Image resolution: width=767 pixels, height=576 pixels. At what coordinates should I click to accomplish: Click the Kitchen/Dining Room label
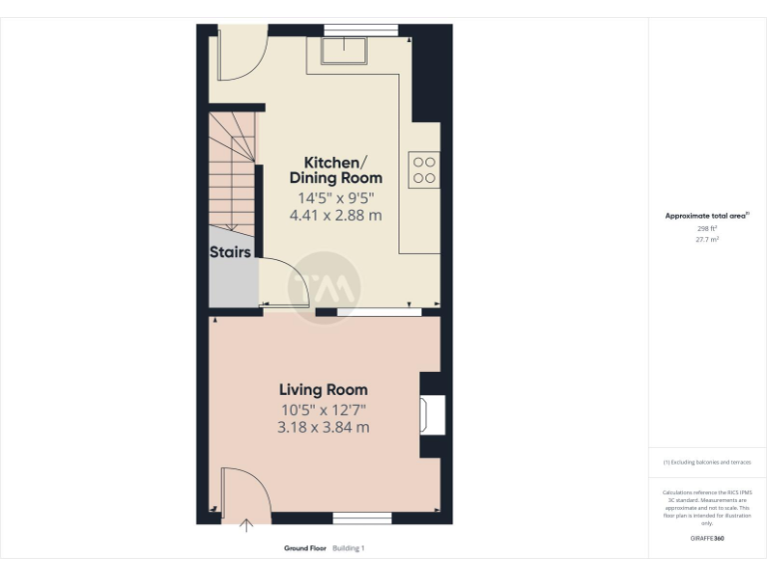(x=336, y=170)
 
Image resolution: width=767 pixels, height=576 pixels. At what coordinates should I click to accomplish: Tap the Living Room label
(x=323, y=390)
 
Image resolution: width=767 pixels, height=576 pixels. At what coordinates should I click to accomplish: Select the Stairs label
(x=230, y=253)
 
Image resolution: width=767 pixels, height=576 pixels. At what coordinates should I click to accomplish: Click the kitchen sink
(x=344, y=49)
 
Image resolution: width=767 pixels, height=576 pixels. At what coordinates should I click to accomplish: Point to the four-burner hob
(x=423, y=168)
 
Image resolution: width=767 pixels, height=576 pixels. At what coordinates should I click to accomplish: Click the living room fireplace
(x=430, y=415)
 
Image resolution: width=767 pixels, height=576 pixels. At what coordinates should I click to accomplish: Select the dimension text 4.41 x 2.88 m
(x=336, y=215)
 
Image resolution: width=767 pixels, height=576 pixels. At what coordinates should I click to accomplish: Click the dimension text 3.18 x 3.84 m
(x=323, y=427)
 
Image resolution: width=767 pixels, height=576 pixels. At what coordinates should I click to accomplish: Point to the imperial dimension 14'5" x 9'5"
(x=336, y=197)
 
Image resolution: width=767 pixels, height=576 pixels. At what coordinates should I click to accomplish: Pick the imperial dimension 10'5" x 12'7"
(x=323, y=409)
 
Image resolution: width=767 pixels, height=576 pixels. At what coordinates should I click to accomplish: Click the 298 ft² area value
(x=707, y=229)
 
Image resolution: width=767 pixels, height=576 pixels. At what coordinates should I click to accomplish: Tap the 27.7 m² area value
(x=707, y=240)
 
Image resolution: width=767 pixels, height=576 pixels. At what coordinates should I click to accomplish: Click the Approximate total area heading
(x=707, y=215)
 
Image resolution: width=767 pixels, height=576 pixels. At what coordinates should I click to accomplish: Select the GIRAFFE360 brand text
(x=707, y=539)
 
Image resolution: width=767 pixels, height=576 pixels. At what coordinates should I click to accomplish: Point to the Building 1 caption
(x=349, y=548)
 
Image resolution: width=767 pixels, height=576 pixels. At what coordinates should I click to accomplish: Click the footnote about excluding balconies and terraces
(x=707, y=462)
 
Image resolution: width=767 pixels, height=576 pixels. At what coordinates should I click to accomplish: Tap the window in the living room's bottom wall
(x=362, y=518)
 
